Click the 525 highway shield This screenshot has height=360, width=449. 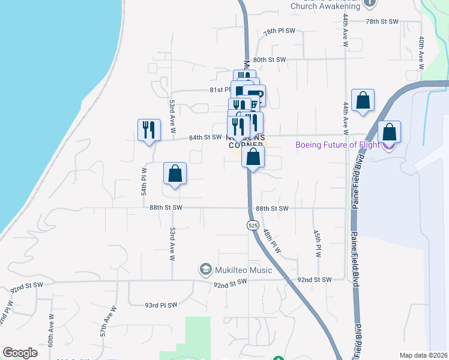252,225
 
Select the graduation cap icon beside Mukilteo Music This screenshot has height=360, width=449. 206,269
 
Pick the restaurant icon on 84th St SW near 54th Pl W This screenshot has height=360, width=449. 149,130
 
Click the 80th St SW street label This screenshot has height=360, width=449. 269,60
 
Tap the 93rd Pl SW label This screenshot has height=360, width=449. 161,305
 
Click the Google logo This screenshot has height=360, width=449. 20,353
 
